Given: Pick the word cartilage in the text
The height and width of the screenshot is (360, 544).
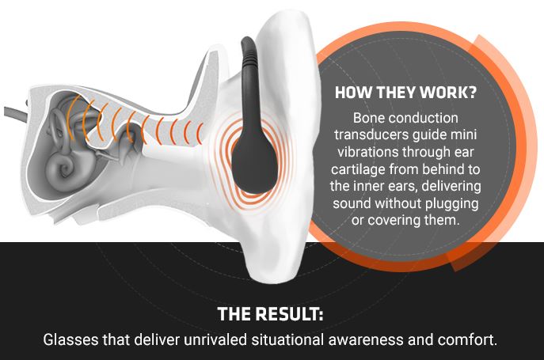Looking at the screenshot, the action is click(x=358, y=169).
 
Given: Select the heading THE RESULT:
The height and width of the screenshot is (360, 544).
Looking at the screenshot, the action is click(x=270, y=314).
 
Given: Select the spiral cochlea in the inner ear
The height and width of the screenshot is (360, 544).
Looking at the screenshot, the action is click(x=62, y=169).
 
